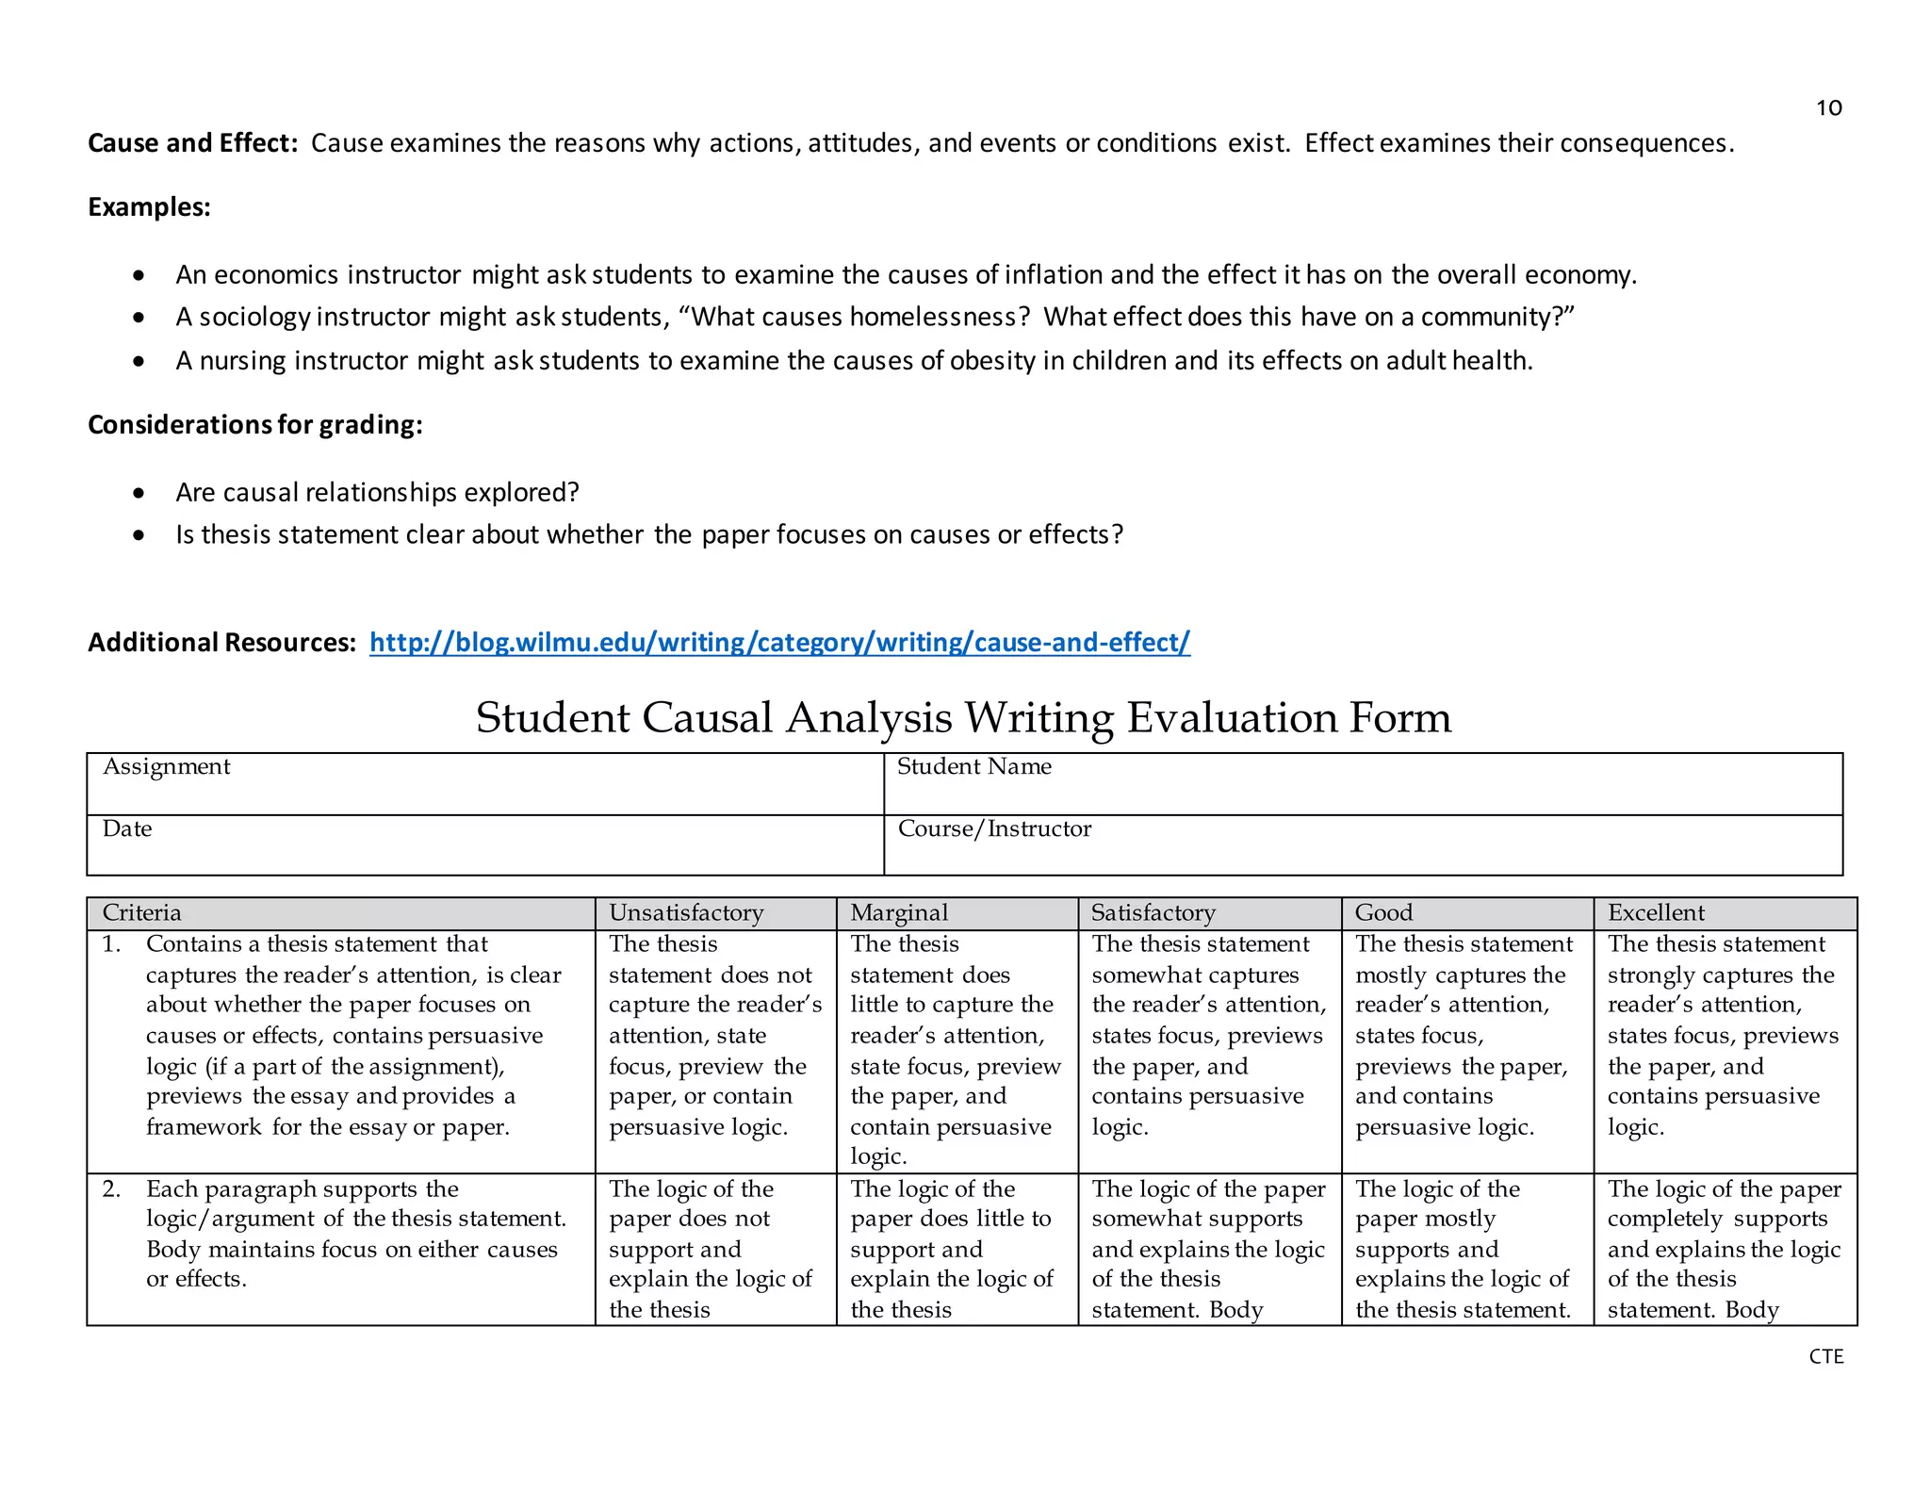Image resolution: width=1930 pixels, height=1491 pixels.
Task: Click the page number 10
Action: (x=1828, y=108)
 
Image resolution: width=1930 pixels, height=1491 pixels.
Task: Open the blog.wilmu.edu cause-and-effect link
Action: (x=779, y=643)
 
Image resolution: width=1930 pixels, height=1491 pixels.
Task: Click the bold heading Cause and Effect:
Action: (x=192, y=143)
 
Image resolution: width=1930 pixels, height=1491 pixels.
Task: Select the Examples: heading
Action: (x=149, y=207)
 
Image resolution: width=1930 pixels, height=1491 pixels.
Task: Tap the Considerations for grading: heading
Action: (x=254, y=425)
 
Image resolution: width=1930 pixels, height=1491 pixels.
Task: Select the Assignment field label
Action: (x=166, y=767)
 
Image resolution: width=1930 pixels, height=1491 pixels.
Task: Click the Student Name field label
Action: (x=973, y=767)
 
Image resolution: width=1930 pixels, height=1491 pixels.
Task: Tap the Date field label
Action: (x=127, y=829)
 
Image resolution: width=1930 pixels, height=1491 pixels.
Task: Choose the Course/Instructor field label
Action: (x=994, y=829)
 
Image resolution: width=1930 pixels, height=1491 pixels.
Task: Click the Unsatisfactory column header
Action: (x=686, y=913)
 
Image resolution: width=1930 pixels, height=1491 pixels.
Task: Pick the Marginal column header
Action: (x=899, y=913)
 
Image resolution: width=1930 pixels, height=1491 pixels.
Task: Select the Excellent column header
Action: (x=1656, y=913)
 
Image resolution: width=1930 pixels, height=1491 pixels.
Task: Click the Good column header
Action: (x=1383, y=913)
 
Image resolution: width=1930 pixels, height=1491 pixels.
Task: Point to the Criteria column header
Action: (x=141, y=913)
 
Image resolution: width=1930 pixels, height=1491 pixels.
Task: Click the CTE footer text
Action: (x=1825, y=1356)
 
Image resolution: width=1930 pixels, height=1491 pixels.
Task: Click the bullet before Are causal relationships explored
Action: (x=139, y=493)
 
